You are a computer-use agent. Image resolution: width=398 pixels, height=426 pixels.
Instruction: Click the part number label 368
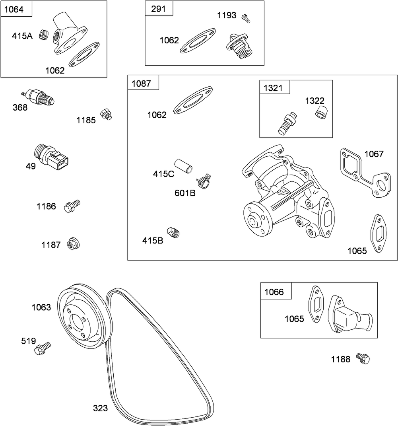coord(20,107)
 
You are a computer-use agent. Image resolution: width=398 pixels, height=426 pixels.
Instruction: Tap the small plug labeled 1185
coord(106,114)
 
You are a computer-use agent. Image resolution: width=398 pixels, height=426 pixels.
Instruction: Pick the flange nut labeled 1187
coord(73,243)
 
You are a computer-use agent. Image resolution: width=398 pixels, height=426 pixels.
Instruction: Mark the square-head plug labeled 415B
coord(174,232)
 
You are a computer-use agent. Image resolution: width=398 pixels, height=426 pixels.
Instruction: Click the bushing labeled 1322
coord(321,113)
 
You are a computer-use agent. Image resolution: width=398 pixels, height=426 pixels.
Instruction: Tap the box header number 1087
coord(141,83)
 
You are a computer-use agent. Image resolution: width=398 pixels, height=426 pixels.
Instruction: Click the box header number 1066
coord(274,292)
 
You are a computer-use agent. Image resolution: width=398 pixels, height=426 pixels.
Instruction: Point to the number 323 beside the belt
coord(100,408)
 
